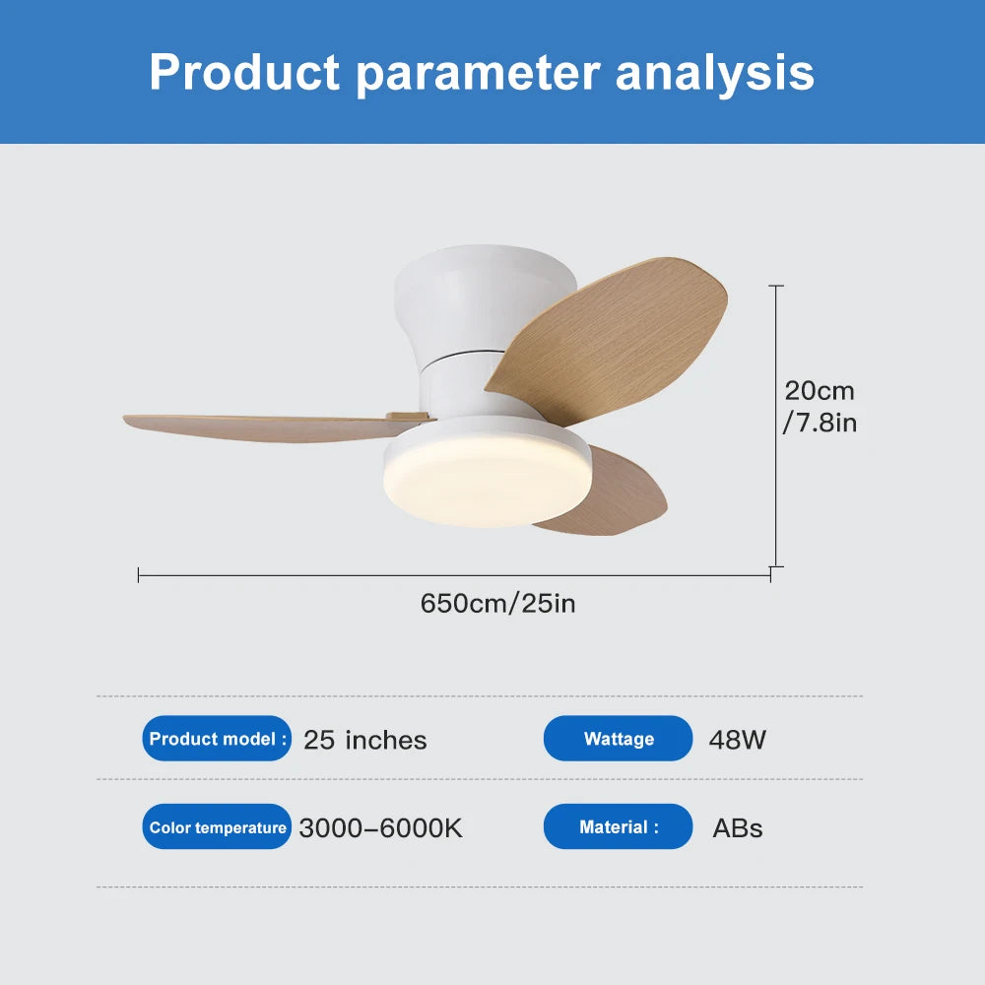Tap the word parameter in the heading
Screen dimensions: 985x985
(x=477, y=74)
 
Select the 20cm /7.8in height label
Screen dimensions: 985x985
(x=820, y=407)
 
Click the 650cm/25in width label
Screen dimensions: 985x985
(x=497, y=603)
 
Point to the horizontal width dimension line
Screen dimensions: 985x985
(x=453, y=573)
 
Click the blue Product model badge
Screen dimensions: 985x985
(x=218, y=739)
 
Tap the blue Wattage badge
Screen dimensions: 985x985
(x=619, y=739)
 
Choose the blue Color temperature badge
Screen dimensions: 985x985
(x=218, y=827)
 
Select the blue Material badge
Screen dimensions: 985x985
(x=619, y=827)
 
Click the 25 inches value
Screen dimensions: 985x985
(x=364, y=740)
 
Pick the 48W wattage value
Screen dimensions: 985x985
(x=737, y=740)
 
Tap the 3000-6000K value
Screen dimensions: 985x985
(x=380, y=828)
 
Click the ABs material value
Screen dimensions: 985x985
(x=737, y=828)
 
